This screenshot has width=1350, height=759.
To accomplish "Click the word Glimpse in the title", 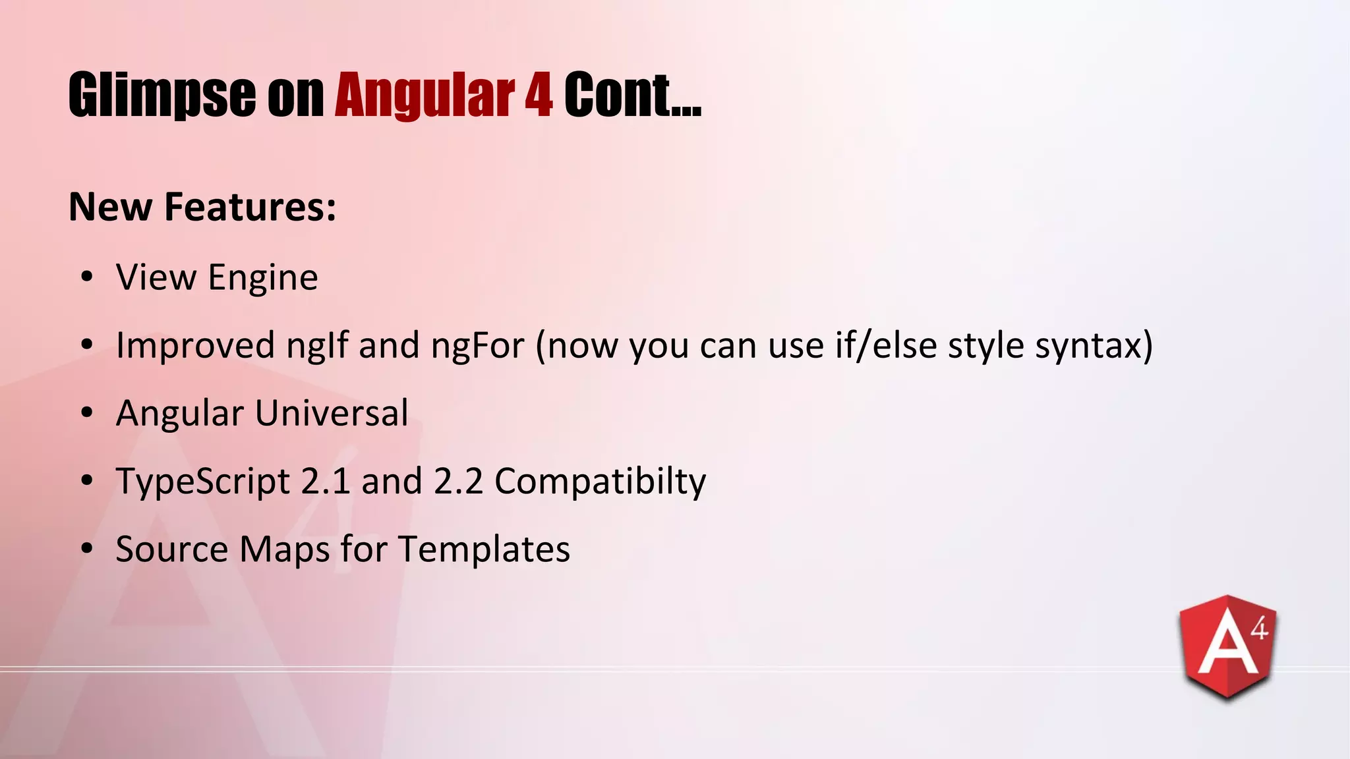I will pyautogui.click(x=161, y=96).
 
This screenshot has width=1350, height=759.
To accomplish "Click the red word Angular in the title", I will pyautogui.click(x=425, y=96).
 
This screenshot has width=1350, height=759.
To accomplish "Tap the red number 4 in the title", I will pyautogui.click(x=539, y=96).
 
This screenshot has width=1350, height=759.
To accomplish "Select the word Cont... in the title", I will pyautogui.click(x=632, y=96).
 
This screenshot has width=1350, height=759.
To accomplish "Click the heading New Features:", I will pyautogui.click(x=202, y=207).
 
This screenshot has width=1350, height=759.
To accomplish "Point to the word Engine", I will pyautogui.click(x=263, y=277).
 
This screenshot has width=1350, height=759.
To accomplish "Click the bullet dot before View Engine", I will pyautogui.click(x=87, y=277).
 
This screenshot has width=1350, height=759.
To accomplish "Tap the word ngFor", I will pyautogui.click(x=477, y=345).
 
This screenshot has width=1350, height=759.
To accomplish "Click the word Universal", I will pyautogui.click(x=332, y=414).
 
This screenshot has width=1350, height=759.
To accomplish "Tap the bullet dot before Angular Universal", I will pyautogui.click(x=87, y=413).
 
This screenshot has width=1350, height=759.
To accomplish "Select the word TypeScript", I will pyautogui.click(x=203, y=482).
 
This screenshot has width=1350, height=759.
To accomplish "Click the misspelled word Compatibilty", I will pyautogui.click(x=600, y=482).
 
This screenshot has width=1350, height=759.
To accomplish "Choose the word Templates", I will pyautogui.click(x=484, y=549).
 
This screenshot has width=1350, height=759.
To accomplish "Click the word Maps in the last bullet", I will pyautogui.click(x=284, y=549).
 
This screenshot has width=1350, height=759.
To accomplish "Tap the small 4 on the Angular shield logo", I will pyautogui.click(x=1258, y=629).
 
